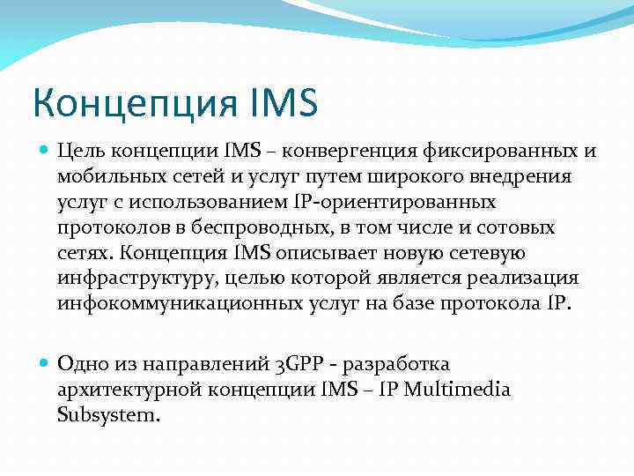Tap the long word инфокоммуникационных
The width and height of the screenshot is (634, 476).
point(153,305)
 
